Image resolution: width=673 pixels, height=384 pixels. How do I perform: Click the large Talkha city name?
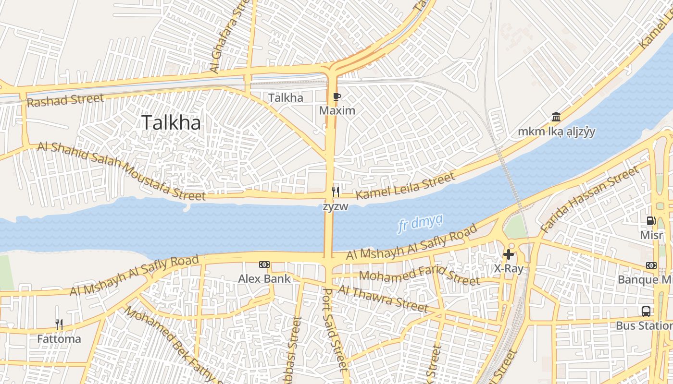pos(171,123)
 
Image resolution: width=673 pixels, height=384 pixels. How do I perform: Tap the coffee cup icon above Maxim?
pos(337,97)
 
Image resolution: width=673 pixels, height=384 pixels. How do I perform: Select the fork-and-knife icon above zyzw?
pos(336,192)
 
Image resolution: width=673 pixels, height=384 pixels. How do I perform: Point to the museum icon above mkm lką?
pos(556,117)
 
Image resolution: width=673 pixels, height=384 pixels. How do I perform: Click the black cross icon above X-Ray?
pos(508,254)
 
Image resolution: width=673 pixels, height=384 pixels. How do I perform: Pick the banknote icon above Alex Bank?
pos(264,264)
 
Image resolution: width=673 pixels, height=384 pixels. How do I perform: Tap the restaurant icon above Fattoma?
pos(59,324)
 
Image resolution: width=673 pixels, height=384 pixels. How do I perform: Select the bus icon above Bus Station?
pos(646,311)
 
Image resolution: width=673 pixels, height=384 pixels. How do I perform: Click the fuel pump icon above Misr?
pos(651,221)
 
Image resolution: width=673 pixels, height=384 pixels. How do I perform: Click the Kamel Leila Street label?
pos(405,186)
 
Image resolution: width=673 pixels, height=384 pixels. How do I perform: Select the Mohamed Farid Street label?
pos(419,276)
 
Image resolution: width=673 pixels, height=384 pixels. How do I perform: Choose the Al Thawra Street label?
pos(383,298)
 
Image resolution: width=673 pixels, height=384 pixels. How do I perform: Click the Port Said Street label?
pos(334,329)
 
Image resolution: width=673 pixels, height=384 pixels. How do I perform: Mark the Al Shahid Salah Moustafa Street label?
pos(121,170)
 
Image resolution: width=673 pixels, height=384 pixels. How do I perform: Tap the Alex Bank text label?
pos(264,278)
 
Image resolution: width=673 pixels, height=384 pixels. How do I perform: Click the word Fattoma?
pos(59,339)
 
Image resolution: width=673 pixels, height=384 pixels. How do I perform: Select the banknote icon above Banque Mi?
pos(651,265)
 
